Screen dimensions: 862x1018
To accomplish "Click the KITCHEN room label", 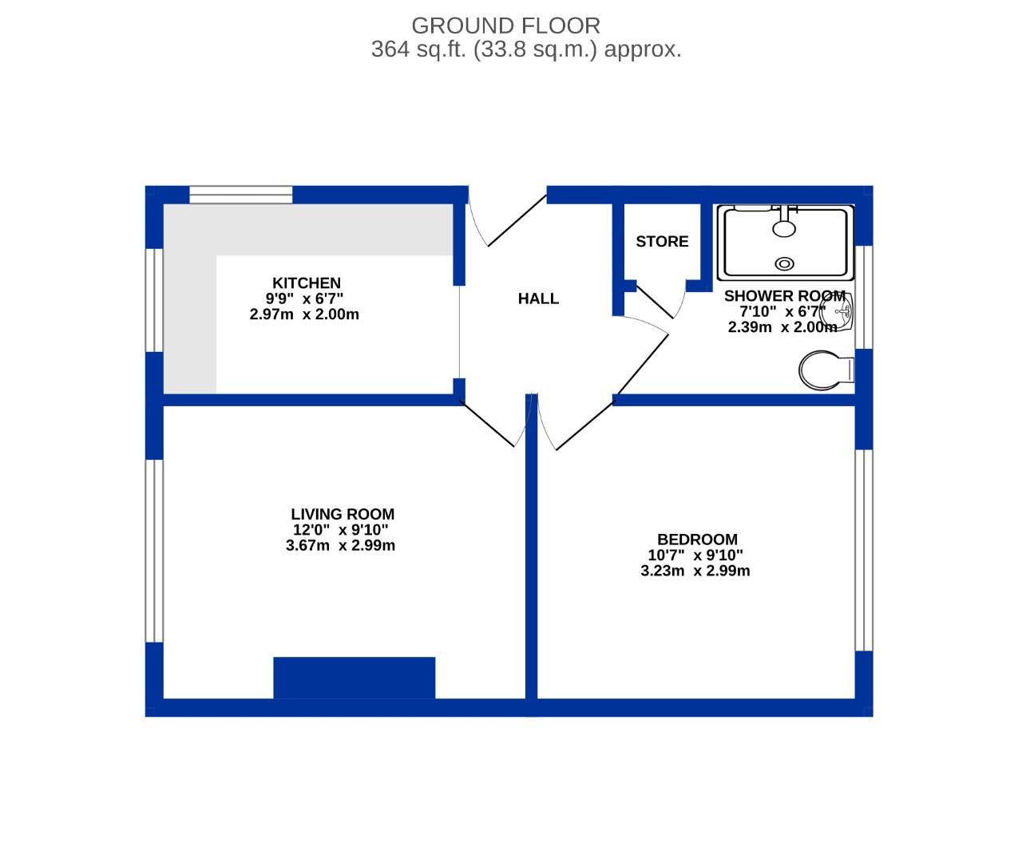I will (307, 283).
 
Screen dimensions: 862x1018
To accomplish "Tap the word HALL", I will (538, 299).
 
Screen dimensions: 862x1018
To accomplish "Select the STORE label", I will (662, 241).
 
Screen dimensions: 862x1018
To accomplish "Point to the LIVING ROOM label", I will (343, 515).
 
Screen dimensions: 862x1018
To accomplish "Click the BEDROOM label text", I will (697, 540).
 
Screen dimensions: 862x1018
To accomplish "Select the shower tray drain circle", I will (786, 263).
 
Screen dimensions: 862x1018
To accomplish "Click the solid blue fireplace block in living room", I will (355, 678).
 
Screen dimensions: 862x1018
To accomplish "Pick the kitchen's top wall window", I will (240, 194).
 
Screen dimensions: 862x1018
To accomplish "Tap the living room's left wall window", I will (153, 551).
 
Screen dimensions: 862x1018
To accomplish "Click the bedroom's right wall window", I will (863, 551).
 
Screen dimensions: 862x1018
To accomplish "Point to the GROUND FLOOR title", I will (505, 26).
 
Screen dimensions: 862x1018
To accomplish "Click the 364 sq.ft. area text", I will (526, 49).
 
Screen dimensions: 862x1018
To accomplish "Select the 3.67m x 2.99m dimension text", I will (340, 546).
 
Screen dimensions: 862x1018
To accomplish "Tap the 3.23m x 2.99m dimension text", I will (695, 571).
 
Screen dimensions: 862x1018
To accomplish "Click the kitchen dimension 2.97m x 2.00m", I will (304, 314).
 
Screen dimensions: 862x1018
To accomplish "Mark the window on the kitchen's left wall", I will (153, 299).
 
